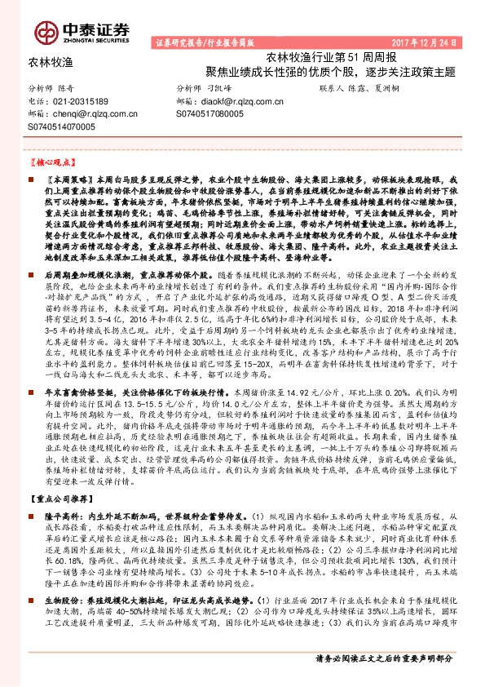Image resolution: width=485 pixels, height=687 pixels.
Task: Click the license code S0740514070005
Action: tap(61, 128)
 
